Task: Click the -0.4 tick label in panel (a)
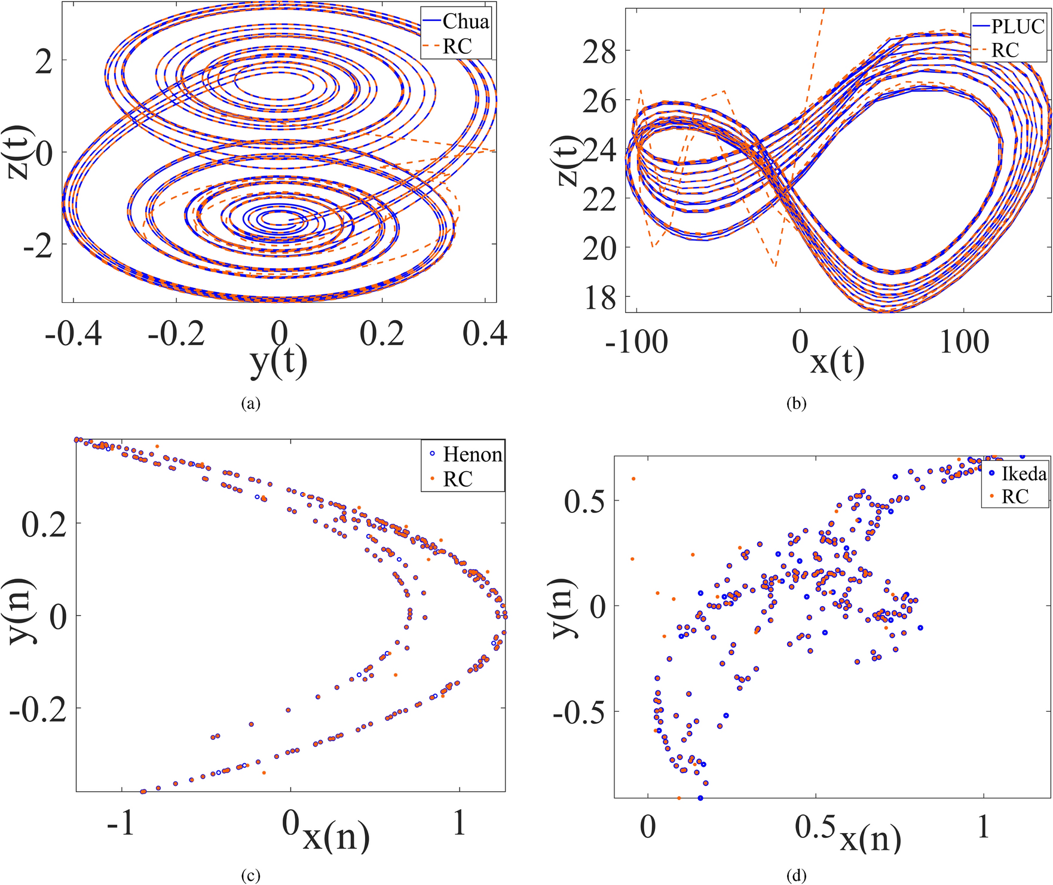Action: pyautogui.click(x=73, y=334)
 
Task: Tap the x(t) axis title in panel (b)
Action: pyautogui.click(x=837, y=362)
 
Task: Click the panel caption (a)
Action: pyautogui.click(x=250, y=404)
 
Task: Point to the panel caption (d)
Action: pyautogui.click(x=797, y=876)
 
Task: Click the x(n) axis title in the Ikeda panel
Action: pyautogui.click(x=871, y=839)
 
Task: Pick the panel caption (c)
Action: pyautogui.click(x=250, y=876)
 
